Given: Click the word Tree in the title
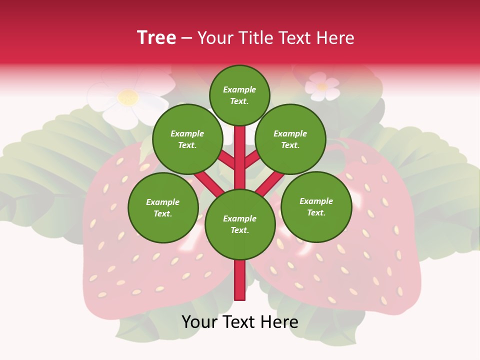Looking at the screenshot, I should tap(156, 37).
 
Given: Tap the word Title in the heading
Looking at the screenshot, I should tap(256, 37).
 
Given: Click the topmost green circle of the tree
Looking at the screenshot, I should tap(239, 95).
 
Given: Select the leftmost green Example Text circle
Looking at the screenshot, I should tap(163, 207).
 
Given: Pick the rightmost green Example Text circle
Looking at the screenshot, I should tap(316, 206).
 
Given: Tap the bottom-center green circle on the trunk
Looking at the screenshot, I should tap(240, 224).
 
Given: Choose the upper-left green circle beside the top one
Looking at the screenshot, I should tap(187, 139).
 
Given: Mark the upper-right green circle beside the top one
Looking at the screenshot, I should tap(290, 139).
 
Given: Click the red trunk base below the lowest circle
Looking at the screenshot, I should tap(240, 280).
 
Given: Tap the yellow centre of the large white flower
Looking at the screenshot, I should tap(128, 97).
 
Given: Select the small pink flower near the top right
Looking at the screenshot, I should tap(322, 86).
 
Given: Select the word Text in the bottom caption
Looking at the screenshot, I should tap(237, 322).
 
